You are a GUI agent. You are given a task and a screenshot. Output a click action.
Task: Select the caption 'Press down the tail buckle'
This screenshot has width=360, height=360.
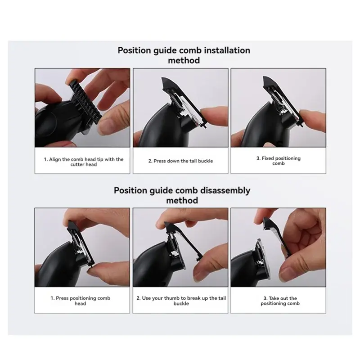point(181,161)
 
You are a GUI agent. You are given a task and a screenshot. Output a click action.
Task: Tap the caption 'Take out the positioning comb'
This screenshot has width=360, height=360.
point(279,301)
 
